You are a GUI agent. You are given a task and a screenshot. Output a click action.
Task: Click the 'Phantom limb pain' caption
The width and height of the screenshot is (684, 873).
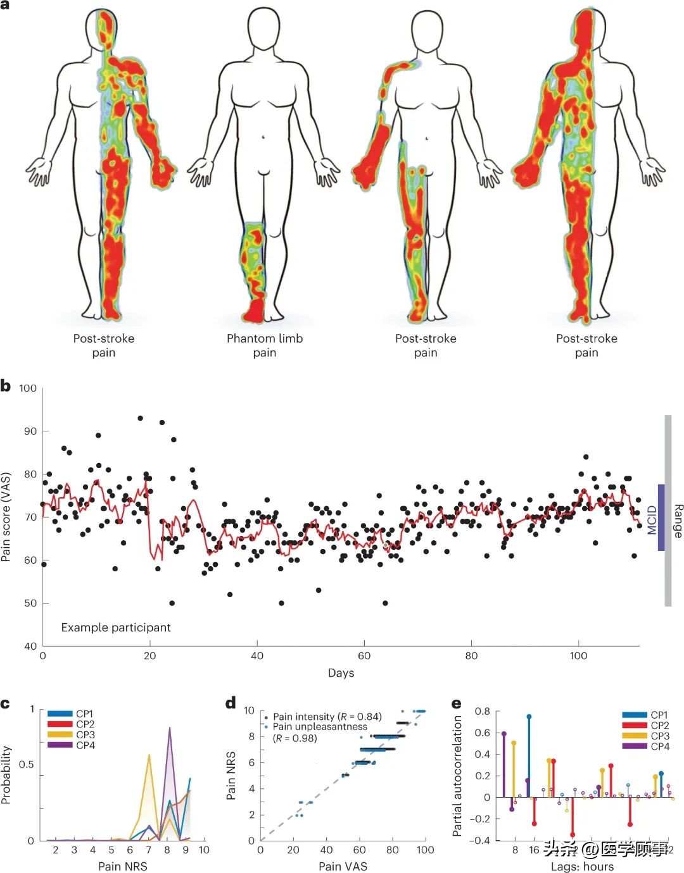(x=265, y=345)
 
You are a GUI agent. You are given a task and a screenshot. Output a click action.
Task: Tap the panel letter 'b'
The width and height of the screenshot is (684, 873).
(x=6, y=386)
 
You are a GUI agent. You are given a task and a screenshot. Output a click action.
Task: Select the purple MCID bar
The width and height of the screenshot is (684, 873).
(x=661, y=517)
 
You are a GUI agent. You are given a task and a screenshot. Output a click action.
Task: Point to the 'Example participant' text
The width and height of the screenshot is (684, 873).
(x=116, y=628)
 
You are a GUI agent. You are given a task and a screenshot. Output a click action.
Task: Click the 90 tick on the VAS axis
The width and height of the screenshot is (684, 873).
(x=28, y=431)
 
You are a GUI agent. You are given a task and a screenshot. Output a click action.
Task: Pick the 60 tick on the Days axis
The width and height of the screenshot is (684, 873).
(x=364, y=656)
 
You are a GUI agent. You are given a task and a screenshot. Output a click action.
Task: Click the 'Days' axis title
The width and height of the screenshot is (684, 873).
(x=341, y=673)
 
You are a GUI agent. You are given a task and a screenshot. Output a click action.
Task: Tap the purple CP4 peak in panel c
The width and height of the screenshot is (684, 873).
(x=169, y=728)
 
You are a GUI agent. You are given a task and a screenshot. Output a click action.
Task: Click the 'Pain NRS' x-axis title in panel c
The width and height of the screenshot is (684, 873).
(x=123, y=866)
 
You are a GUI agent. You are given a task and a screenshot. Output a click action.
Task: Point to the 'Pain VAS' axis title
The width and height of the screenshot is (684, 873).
(x=343, y=866)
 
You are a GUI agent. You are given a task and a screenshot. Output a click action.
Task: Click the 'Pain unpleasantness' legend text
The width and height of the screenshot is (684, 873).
(x=320, y=727)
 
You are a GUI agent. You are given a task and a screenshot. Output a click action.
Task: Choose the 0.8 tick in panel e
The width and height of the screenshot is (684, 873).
(x=482, y=712)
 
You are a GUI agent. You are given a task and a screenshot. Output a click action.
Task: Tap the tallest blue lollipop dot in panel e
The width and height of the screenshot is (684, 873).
(x=529, y=717)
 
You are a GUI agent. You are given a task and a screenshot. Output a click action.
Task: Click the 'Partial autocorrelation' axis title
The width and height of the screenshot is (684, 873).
(x=457, y=776)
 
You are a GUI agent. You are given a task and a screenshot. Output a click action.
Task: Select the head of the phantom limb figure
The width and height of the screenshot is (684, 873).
(x=265, y=32)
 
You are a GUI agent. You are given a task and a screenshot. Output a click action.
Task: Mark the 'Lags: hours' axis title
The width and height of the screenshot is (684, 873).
(x=582, y=866)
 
